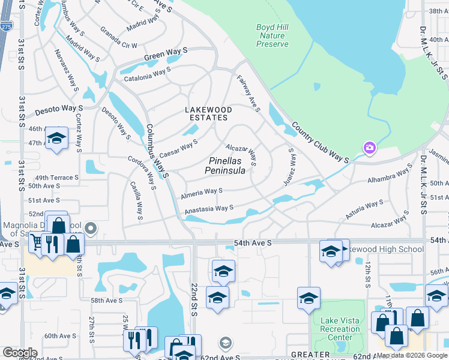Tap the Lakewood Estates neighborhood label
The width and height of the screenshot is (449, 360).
(208, 114)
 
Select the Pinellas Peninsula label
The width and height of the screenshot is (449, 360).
(225, 166)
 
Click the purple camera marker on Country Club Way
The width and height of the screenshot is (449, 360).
(369, 148)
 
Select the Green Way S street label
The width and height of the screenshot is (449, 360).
(166, 58)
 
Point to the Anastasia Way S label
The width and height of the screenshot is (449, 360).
(208, 209)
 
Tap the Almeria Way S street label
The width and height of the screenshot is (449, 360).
(202, 193)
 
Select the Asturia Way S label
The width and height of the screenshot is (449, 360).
(364, 209)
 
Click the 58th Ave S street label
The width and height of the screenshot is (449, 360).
(106, 300)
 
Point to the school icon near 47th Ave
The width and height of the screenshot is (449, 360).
(56, 139)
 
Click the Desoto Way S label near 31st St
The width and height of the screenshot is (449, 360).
(58, 110)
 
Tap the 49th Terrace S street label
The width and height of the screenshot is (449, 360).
(57, 178)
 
